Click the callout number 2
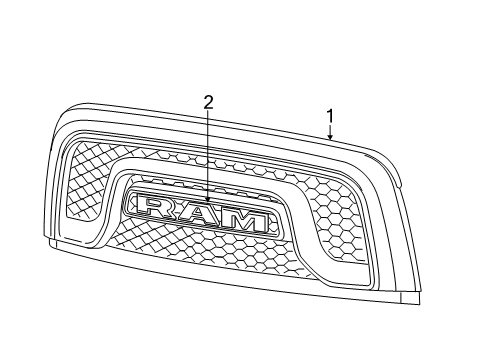click(208, 101)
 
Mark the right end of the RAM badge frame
click(275, 225)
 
